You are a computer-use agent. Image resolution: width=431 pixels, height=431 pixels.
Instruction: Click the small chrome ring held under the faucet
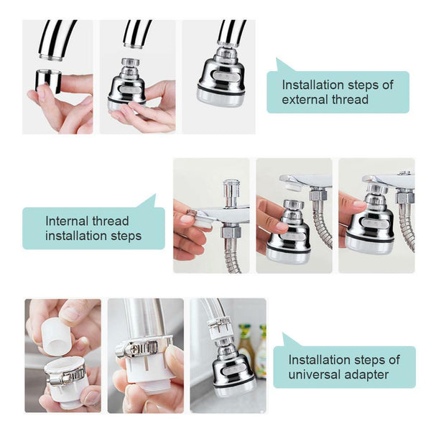coord(47,80)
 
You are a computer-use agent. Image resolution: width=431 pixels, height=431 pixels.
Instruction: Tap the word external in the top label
coord(303,99)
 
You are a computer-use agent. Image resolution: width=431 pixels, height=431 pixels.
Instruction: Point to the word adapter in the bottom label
coord(368,374)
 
